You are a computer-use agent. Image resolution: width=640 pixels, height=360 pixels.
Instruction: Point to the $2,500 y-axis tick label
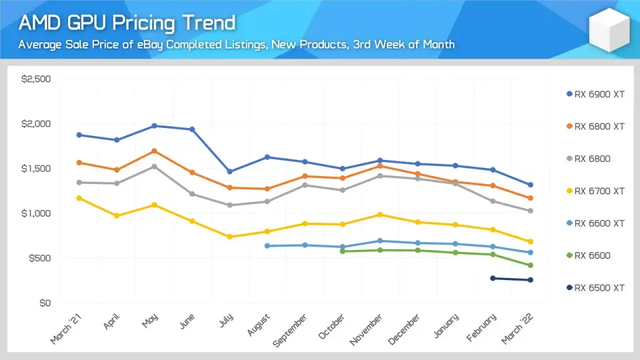point(37,79)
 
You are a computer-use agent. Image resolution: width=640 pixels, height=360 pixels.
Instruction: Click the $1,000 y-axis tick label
point(37,213)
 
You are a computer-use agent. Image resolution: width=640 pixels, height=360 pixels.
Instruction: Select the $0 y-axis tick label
point(44,303)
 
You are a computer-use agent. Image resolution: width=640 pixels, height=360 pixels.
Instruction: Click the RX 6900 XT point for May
point(154,125)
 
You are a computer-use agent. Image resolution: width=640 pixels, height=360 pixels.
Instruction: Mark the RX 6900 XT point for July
point(229,171)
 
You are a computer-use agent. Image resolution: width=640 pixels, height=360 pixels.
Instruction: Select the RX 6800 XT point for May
point(154,151)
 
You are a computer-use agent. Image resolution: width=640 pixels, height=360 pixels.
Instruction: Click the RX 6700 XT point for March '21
point(79,198)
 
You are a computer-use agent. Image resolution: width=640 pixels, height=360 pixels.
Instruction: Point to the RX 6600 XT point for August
point(267,246)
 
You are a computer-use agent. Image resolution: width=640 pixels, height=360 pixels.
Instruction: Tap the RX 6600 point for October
point(342,251)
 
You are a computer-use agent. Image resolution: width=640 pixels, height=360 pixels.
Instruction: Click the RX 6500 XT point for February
point(493,278)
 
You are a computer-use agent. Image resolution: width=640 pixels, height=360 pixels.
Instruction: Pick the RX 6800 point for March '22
point(531,211)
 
